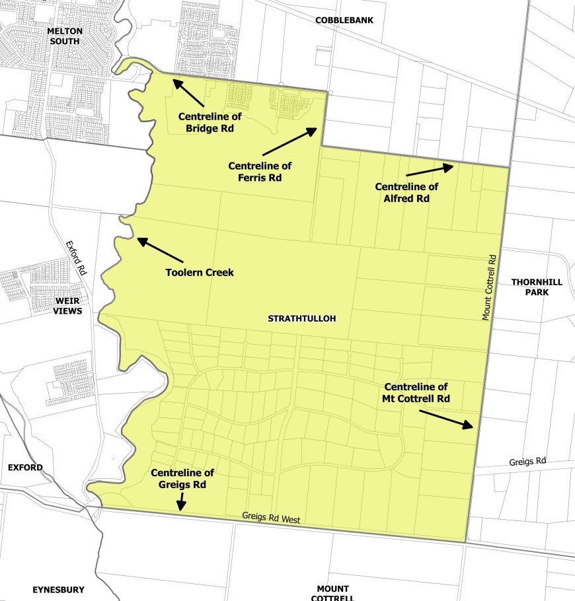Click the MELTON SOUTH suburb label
[x=64, y=36]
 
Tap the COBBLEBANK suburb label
[x=344, y=20]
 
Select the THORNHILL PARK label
[x=537, y=287]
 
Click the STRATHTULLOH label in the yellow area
[x=302, y=318]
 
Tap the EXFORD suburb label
[x=25, y=468]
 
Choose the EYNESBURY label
[x=59, y=589]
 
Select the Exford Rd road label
[x=76, y=258]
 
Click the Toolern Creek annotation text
[x=200, y=272]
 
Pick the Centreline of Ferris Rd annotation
[x=260, y=172]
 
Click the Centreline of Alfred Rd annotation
[x=406, y=193]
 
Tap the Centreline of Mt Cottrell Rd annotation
[x=416, y=393]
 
